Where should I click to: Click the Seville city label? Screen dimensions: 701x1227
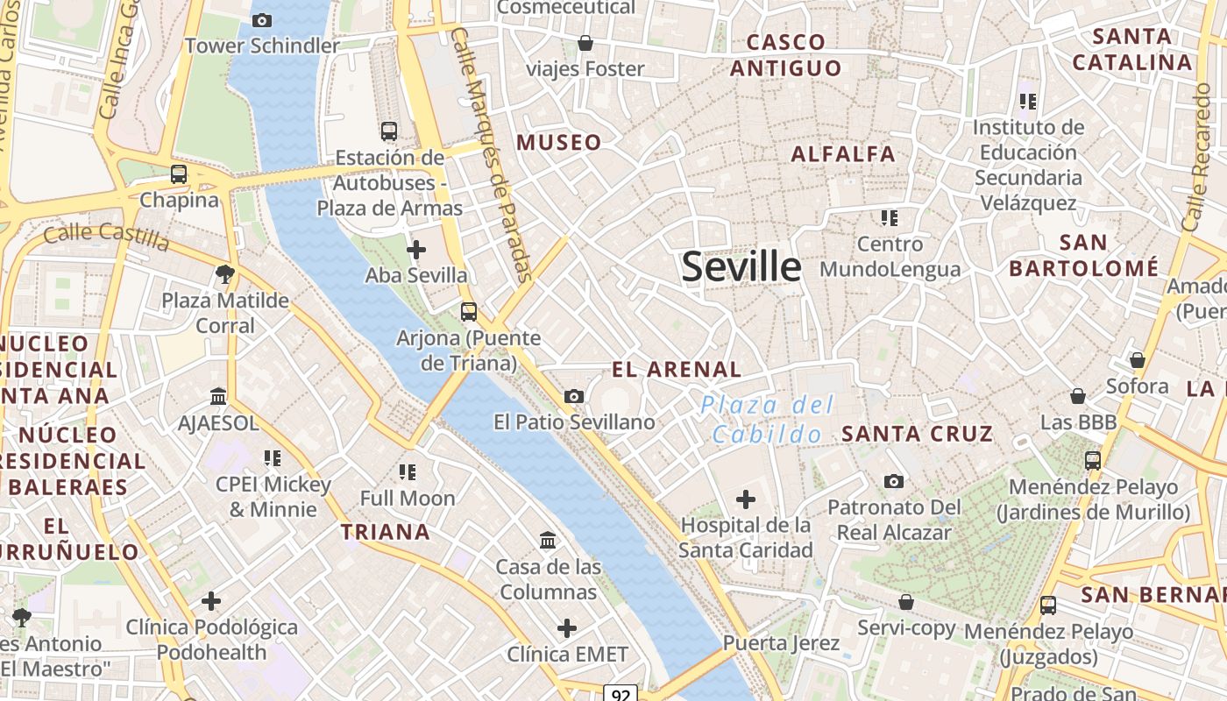pos(741,266)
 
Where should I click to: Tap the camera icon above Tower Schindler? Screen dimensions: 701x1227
pos(261,20)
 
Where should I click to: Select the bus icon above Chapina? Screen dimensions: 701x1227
pos(179,173)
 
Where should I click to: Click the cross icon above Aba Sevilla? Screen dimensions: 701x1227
pos(416,251)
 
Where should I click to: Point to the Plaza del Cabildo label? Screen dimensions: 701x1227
pos(767,419)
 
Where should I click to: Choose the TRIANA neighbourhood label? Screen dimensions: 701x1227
pos(385,531)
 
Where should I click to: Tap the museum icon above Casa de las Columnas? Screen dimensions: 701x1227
pos(549,540)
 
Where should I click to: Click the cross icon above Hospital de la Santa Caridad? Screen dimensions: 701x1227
pos(746,499)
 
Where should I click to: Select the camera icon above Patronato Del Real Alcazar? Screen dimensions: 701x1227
pos(894,481)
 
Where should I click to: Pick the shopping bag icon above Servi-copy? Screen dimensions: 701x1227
pos(906,602)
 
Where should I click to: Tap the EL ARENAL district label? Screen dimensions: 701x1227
pos(677,369)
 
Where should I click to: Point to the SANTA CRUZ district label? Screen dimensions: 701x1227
pos(917,433)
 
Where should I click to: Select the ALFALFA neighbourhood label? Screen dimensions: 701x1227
pos(843,154)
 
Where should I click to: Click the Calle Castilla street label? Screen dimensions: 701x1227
pos(105,235)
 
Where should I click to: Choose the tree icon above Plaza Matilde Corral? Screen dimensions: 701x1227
pos(225,274)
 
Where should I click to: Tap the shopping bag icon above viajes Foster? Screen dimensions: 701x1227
pos(585,43)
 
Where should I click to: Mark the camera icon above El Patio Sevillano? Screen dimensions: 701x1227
pos(574,396)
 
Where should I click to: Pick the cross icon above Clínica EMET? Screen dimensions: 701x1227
pos(567,628)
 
